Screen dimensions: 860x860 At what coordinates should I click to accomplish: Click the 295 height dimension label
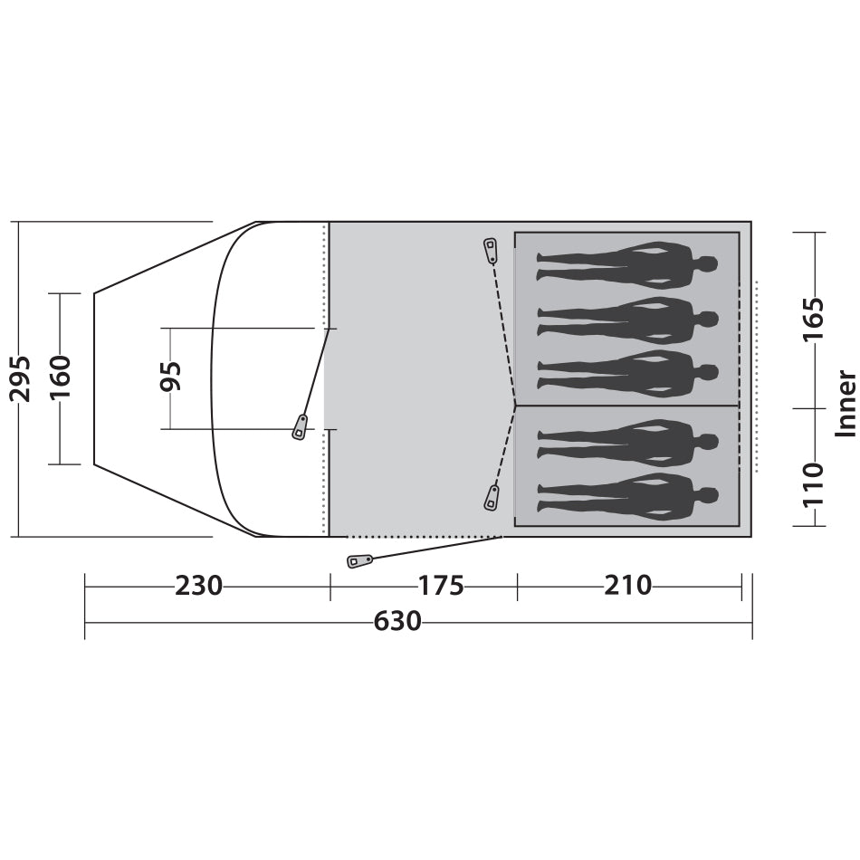click(x=20, y=378)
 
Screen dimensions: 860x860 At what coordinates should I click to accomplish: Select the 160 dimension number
click(x=61, y=377)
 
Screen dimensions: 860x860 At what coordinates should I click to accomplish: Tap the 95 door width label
click(x=170, y=377)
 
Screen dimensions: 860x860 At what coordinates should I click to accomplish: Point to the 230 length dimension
click(x=198, y=586)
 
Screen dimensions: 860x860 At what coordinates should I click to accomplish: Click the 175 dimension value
click(x=441, y=586)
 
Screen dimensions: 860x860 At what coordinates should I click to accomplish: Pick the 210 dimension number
click(x=628, y=586)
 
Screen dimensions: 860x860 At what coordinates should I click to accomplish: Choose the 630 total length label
click(x=397, y=621)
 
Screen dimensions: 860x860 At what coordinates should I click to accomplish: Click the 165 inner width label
click(x=814, y=320)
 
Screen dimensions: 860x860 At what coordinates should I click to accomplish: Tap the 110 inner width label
click(x=814, y=486)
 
